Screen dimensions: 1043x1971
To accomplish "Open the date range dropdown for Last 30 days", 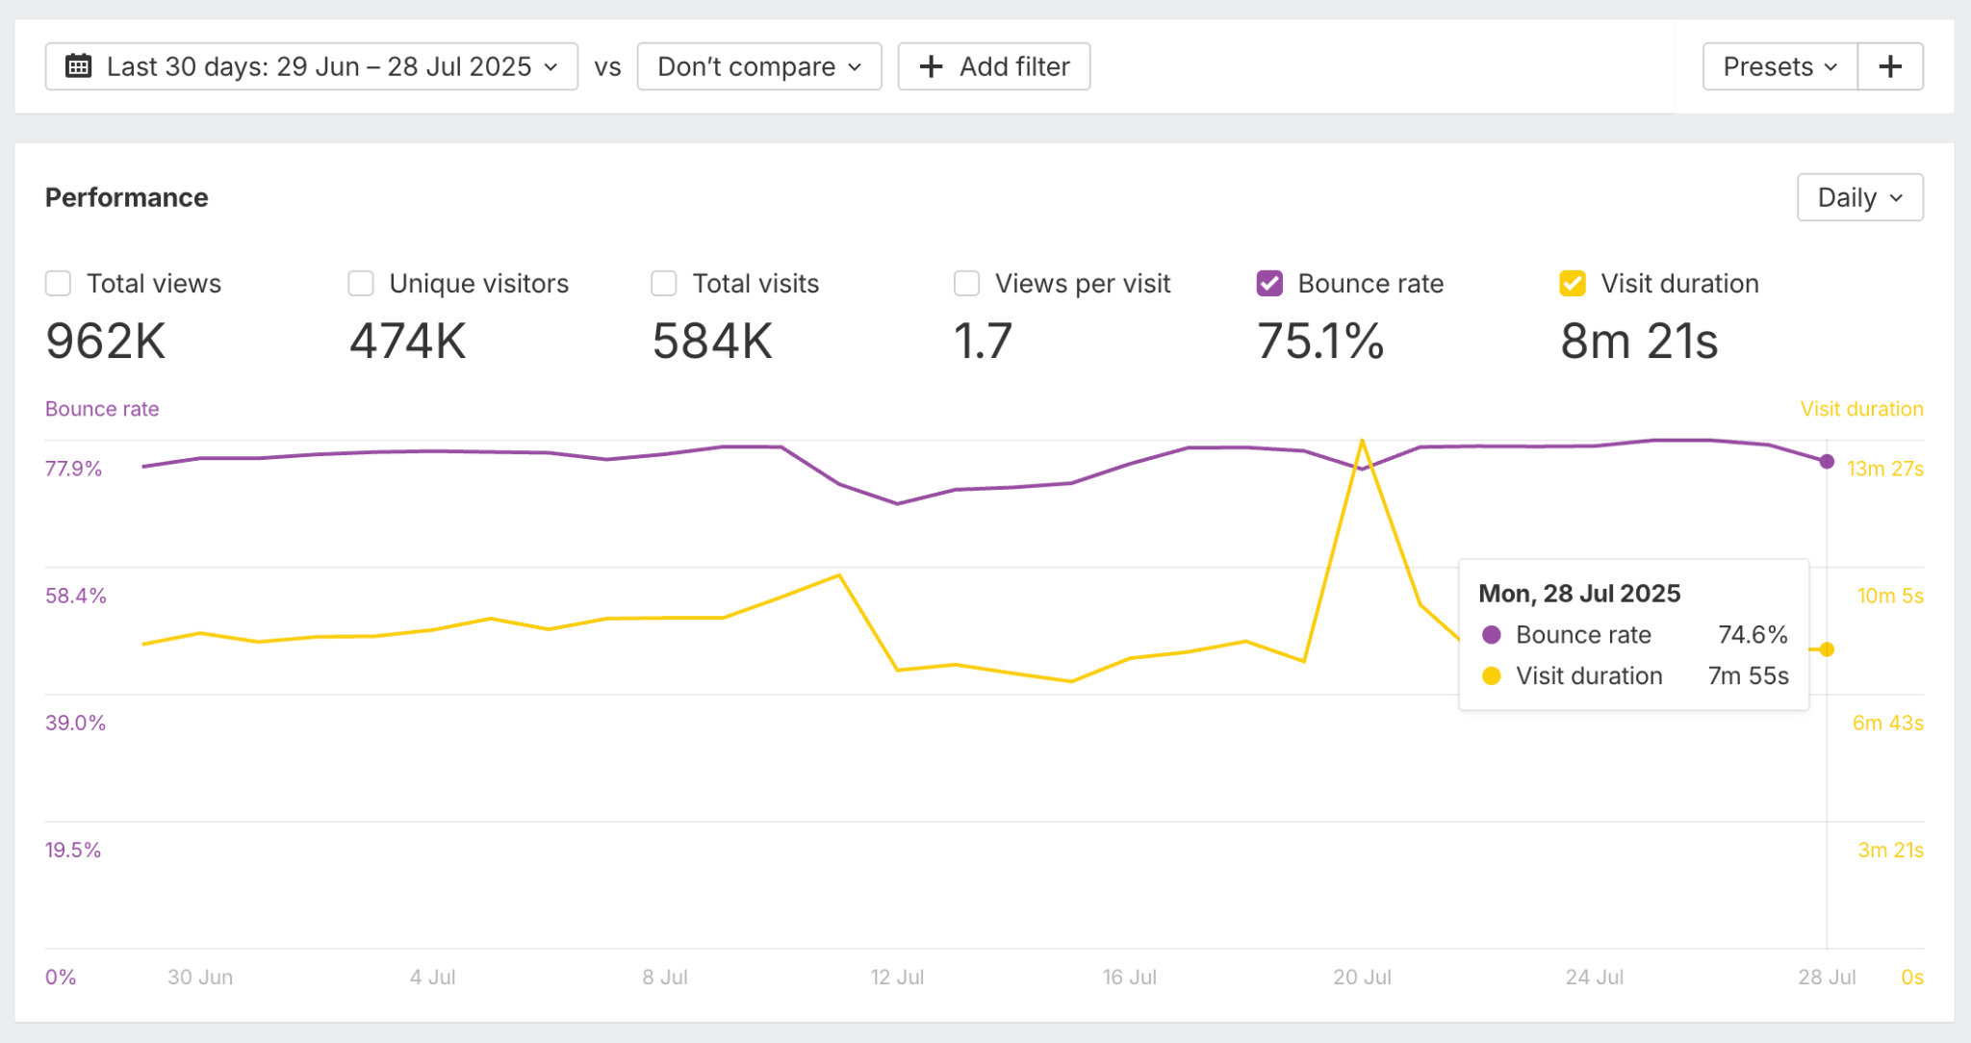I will pyautogui.click(x=311, y=66).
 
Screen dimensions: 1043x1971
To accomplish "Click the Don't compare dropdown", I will pyautogui.click(x=758, y=66).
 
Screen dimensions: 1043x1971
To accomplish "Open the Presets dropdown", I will pyautogui.click(x=1779, y=66).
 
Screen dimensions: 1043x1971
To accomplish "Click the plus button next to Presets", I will pyautogui.click(x=1890, y=66).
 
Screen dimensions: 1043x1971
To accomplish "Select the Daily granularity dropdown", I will pyautogui.click(x=1859, y=197).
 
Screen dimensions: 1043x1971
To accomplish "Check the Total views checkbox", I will pyautogui.click(x=59, y=284).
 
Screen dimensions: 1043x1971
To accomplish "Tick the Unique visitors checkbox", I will pyautogui.click(x=361, y=284).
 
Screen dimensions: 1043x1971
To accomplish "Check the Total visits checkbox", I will pyautogui.click(x=664, y=284).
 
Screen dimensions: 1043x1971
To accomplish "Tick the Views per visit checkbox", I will pyautogui.click(x=966, y=284).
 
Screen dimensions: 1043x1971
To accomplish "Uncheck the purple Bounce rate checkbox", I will pyautogui.click(x=1269, y=284).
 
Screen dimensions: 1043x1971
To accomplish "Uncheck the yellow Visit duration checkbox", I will pyautogui.click(x=1573, y=284).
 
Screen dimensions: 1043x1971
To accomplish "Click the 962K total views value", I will pyautogui.click(x=106, y=342).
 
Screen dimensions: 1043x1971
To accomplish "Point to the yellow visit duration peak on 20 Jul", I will pyautogui.click(x=1362, y=442).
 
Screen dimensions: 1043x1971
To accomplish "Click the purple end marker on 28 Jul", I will pyautogui.click(x=1827, y=462).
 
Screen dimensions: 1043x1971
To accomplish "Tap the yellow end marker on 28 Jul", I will pyautogui.click(x=1827, y=649).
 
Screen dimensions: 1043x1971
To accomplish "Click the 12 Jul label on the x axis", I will pyautogui.click(x=897, y=978).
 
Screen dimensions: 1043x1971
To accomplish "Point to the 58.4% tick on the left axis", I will pyautogui.click(x=75, y=596).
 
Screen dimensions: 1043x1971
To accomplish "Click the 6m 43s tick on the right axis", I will pyautogui.click(x=1887, y=723).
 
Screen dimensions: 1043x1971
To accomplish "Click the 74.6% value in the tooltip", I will pyautogui.click(x=1753, y=635).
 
